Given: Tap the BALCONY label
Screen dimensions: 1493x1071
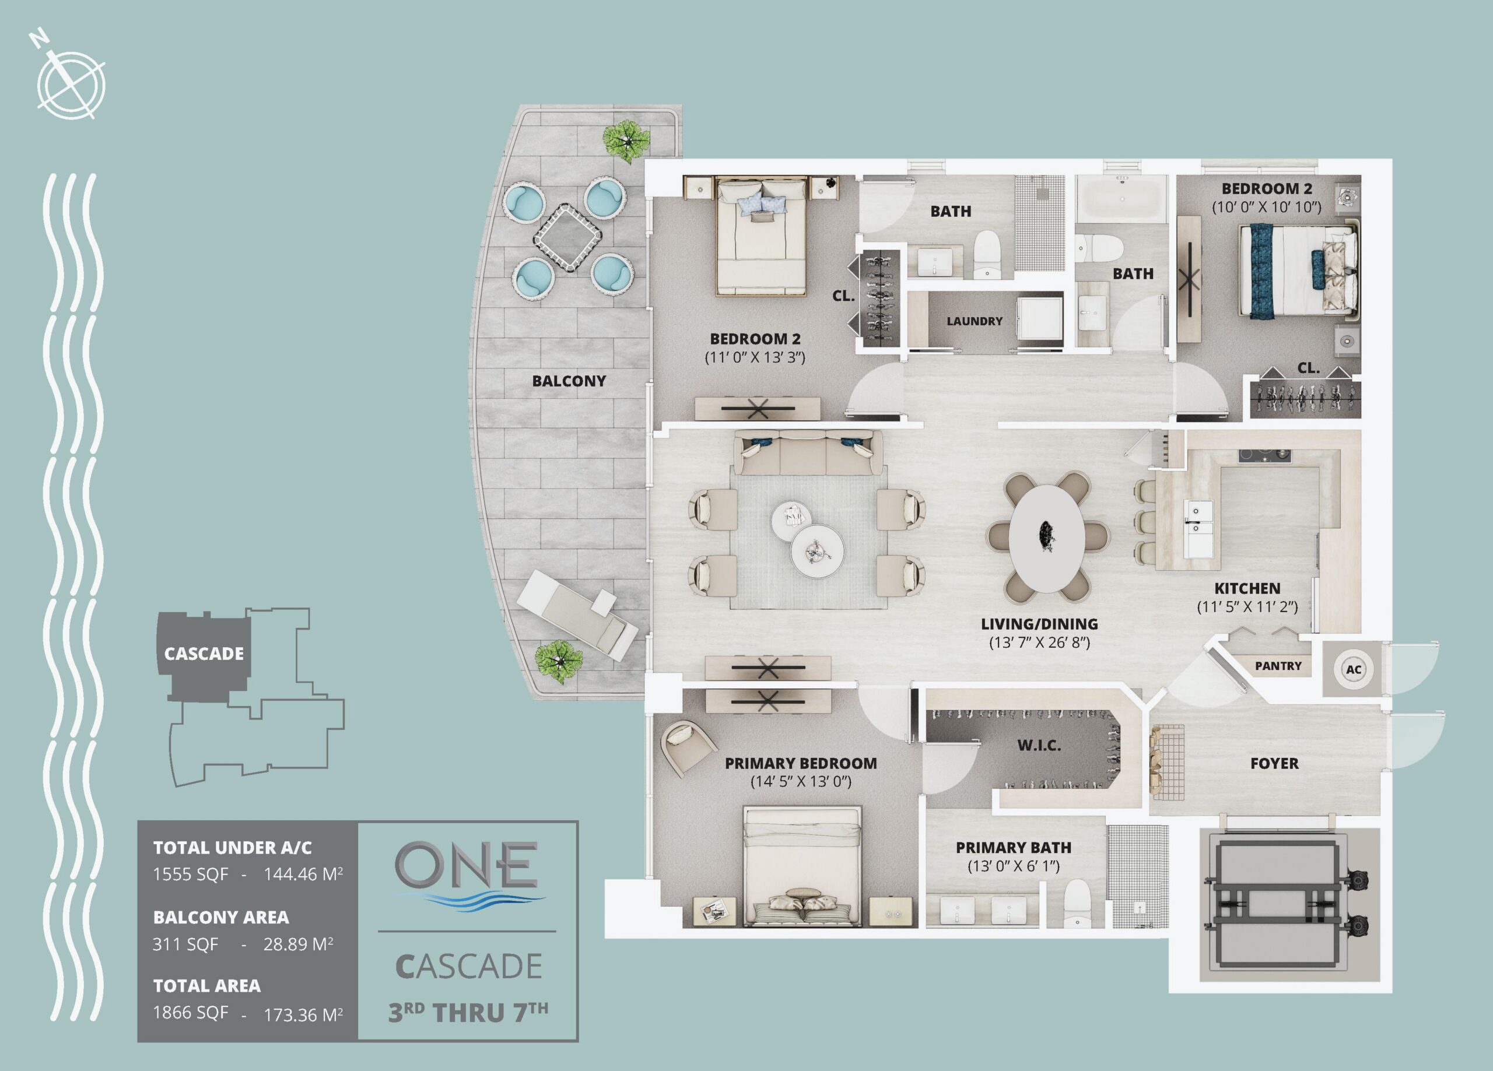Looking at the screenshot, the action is click(x=569, y=381).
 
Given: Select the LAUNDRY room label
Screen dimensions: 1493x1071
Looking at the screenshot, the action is click(x=975, y=321).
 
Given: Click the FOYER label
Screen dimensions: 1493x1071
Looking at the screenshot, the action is click(x=1274, y=764).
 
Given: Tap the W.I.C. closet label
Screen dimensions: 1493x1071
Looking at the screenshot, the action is click(x=1039, y=746).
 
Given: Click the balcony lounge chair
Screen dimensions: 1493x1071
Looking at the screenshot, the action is click(x=577, y=615).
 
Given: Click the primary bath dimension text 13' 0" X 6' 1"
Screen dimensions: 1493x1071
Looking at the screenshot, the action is click(x=1013, y=866).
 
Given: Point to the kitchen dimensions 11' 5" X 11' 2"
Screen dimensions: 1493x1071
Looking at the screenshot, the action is click(x=1247, y=607).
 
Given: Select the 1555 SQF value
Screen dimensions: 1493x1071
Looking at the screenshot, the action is click(x=190, y=874).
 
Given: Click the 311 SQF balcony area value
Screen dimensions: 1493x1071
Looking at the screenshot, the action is click(x=185, y=944).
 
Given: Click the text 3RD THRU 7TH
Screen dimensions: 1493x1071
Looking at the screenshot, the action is click(x=467, y=1012).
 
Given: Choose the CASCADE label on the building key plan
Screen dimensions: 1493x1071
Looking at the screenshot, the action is click(x=204, y=654).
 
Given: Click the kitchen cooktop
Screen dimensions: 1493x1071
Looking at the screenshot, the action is click(x=1264, y=455).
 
